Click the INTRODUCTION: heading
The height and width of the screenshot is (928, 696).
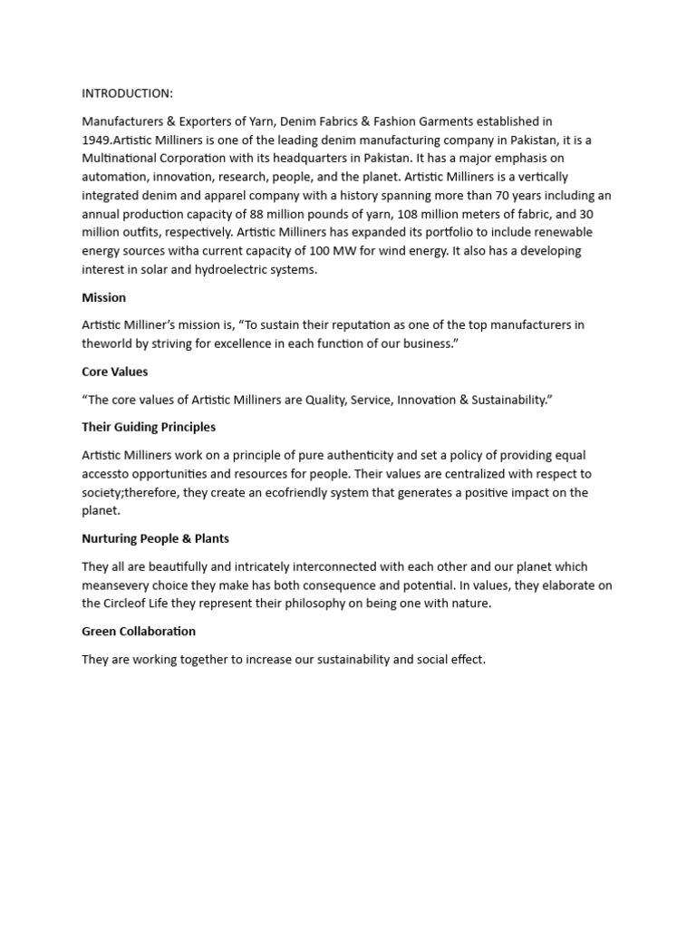click(x=127, y=93)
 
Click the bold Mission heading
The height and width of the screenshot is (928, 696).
click(x=103, y=297)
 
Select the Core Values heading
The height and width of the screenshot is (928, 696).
click(x=114, y=372)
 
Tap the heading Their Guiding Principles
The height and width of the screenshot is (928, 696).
click(x=149, y=427)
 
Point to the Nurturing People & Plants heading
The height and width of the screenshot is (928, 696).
click(x=155, y=538)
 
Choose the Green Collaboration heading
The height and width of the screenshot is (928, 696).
click(x=139, y=631)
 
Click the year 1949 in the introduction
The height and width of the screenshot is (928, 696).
click(x=97, y=140)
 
